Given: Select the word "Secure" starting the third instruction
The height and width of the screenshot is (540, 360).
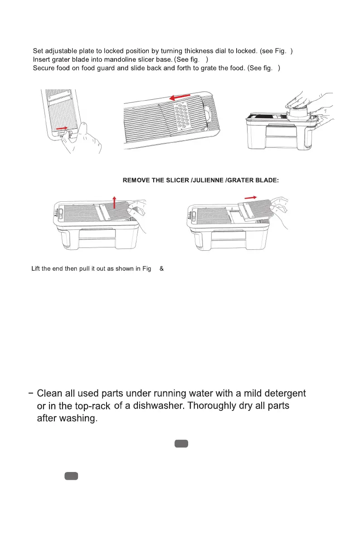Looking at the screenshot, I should point(44,68).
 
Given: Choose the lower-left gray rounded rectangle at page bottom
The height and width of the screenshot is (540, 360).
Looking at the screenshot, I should point(71,476).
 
